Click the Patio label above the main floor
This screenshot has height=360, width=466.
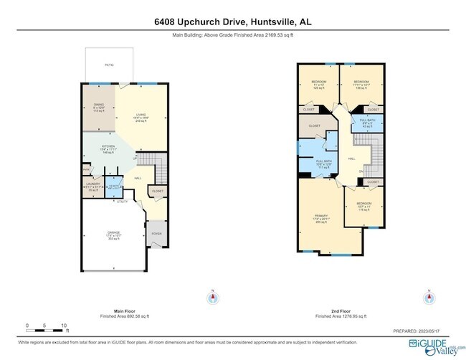(x=109, y=65)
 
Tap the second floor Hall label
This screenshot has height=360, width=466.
(x=351, y=159)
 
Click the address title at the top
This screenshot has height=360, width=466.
(x=233, y=22)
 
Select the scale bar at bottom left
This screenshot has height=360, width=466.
(x=47, y=325)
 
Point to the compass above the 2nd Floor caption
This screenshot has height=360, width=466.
(x=429, y=297)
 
